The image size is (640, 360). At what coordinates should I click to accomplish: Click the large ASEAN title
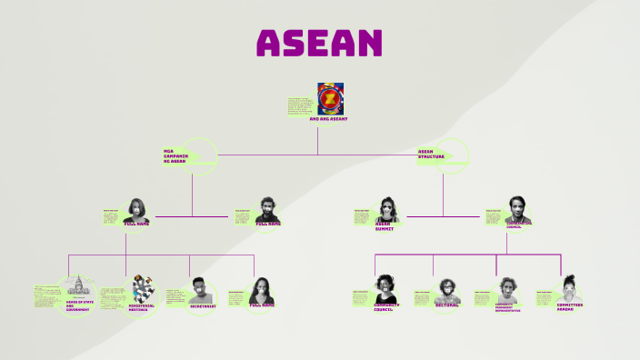(319, 43)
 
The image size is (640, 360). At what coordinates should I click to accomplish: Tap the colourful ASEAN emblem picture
(330, 98)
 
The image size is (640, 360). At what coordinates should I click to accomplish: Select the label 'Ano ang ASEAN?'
(328, 119)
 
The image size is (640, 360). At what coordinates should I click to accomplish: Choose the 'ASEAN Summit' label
(388, 226)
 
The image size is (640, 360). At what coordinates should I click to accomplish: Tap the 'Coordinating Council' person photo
(516, 207)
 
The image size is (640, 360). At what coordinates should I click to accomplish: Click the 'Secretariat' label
(203, 306)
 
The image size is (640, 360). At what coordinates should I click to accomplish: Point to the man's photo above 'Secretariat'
(202, 290)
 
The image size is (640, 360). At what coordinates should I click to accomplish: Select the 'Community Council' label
(385, 307)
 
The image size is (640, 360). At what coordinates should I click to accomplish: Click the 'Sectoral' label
(445, 305)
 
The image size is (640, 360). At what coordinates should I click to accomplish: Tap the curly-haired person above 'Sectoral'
(445, 289)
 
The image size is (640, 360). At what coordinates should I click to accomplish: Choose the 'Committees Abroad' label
(570, 307)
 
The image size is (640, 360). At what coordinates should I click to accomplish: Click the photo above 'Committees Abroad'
(569, 287)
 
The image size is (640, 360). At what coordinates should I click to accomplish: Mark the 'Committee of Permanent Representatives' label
(507, 308)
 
